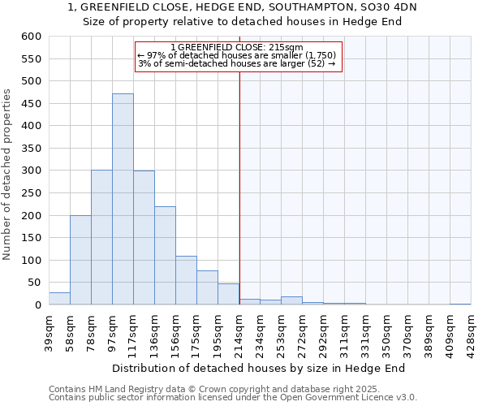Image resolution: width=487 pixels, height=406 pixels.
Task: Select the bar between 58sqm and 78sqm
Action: pos(80,260)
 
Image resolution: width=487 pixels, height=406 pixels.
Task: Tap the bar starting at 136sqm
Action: pos(165,256)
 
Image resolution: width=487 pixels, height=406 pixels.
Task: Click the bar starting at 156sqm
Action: pos(186,281)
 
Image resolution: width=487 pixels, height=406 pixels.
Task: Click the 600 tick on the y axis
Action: pos(31,37)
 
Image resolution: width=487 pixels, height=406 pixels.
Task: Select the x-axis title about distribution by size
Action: pos(258,368)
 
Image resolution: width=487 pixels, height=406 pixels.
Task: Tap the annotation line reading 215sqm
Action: pos(238,47)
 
